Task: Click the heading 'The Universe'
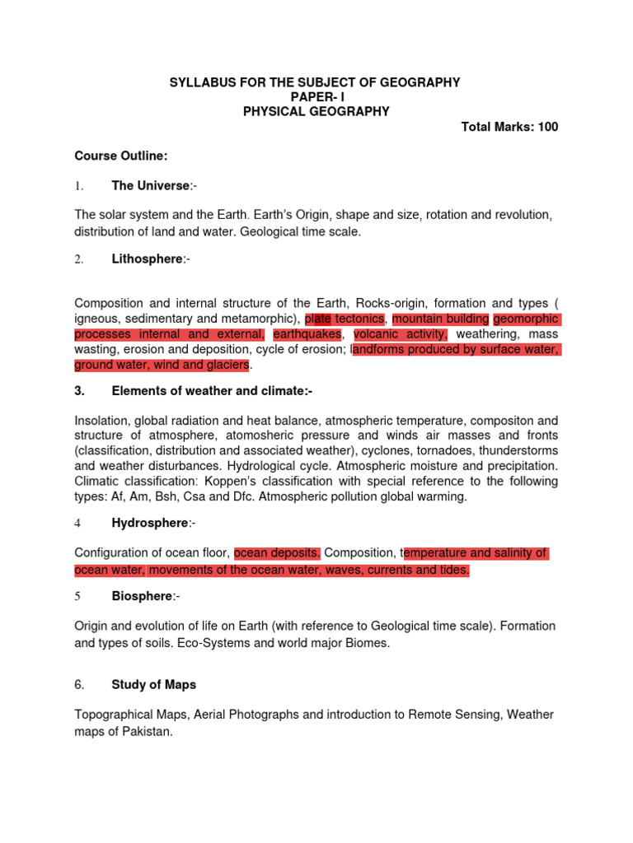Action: [x=150, y=186]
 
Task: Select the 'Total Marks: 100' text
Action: [x=509, y=127]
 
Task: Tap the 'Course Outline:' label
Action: [x=110, y=156]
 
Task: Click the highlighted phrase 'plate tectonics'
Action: [x=345, y=319]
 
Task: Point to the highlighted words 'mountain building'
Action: [x=440, y=319]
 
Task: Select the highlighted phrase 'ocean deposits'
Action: [x=277, y=553]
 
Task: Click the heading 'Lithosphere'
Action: [x=147, y=259]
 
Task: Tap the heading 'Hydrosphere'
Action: [x=150, y=523]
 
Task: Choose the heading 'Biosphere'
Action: [x=143, y=596]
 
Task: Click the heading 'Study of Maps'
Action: [x=154, y=684]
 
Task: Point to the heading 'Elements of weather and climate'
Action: [x=209, y=391]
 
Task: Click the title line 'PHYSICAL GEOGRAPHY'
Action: [x=316, y=112]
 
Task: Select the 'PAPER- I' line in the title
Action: [x=316, y=97]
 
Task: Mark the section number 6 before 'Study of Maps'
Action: [x=80, y=685]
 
